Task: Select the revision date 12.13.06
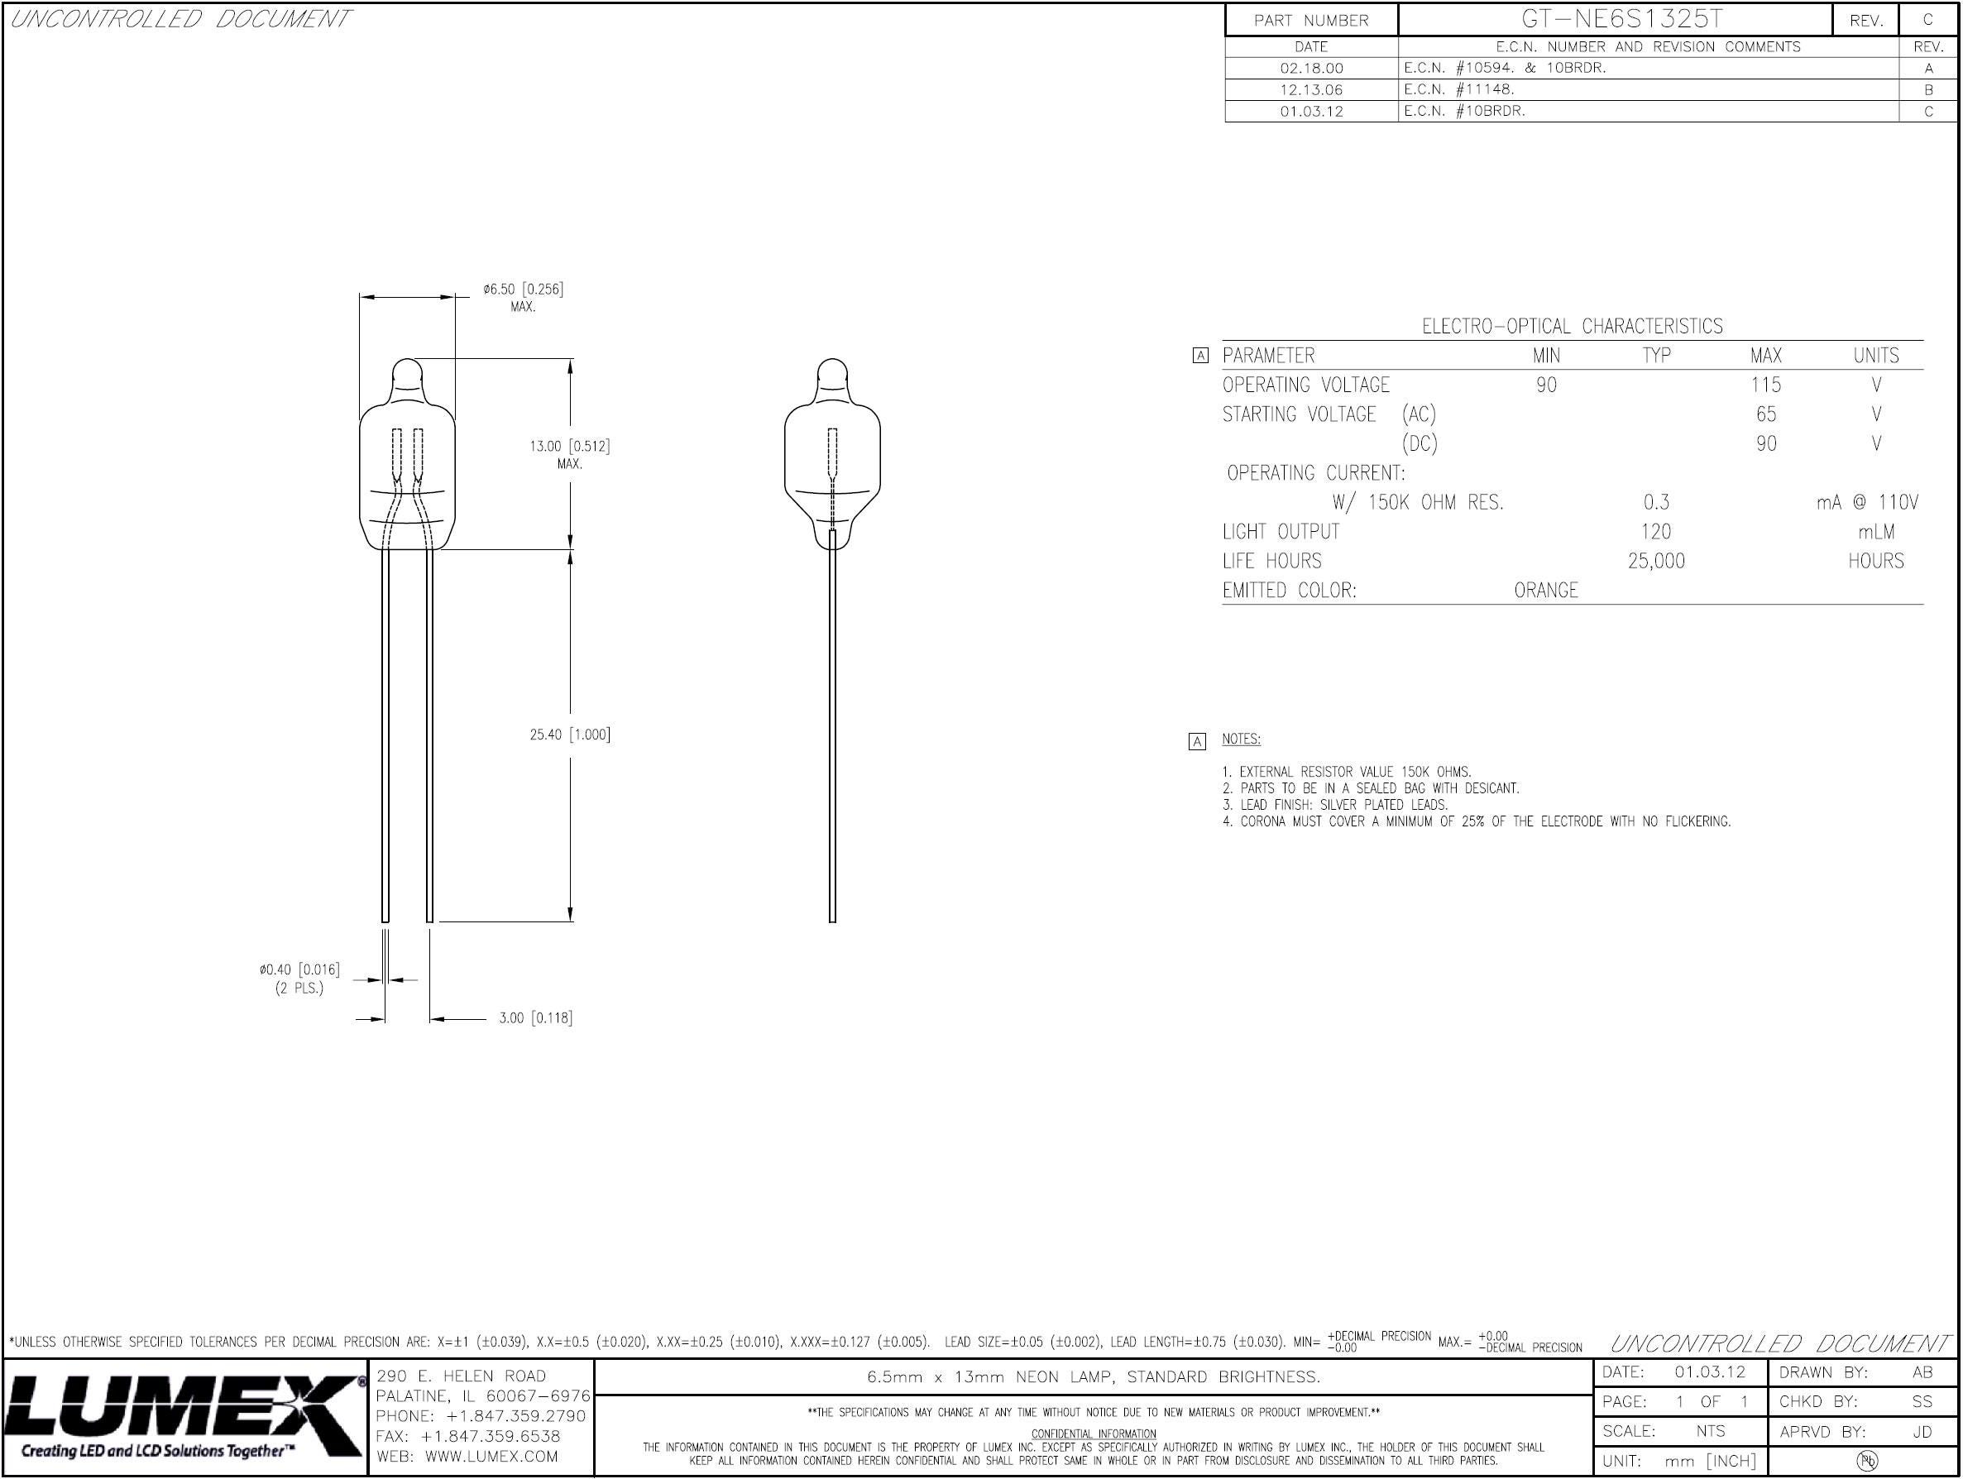click(x=1311, y=89)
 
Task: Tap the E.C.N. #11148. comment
click(x=1459, y=89)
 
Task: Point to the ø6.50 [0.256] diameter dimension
click(x=524, y=290)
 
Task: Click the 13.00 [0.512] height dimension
click(x=570, y=447)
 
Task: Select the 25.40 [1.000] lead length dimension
click(x=570, y=735)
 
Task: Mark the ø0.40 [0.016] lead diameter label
click(x=300, y=969)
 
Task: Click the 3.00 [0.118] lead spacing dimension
click(x=535, y=1018)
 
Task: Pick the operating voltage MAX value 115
click(x=1766, y=385)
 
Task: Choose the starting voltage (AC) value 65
click(x=1766, y=414)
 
